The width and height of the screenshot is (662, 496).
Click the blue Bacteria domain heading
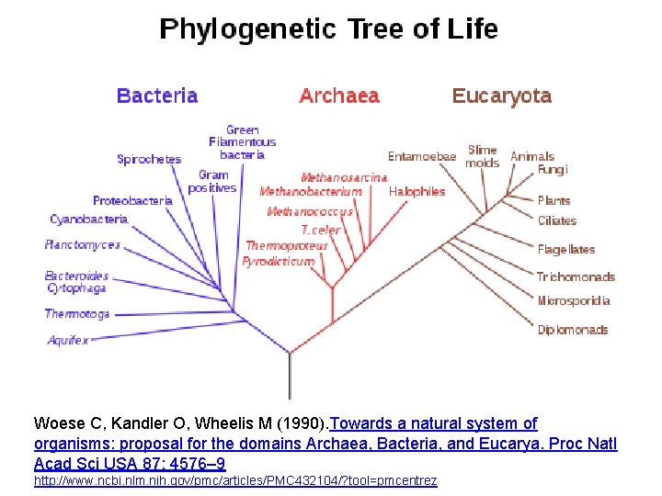click(x=157, y=96)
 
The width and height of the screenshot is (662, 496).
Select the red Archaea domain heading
click(x=339, y=96)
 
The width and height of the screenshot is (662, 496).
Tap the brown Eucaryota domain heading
click(x=501, y=96)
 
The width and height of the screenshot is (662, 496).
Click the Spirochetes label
click(x=149, y=159)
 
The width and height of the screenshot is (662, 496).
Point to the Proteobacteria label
click(x=132, y=200)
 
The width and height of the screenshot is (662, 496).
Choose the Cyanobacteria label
click(x=88, y=220)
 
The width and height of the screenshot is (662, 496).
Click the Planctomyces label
click(x=83, y=245)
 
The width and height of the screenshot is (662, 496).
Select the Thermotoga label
click(x=77, y=314)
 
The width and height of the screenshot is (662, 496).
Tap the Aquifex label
click(x=68, y=341)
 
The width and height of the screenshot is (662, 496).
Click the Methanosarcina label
click(x=344, y=177)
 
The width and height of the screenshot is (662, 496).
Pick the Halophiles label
click(x=417, y=191)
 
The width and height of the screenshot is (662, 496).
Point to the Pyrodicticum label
click(x=278, y=261)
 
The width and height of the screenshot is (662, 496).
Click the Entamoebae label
click(x=421, y=156)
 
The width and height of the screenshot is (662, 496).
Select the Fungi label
click(x=553, y=170)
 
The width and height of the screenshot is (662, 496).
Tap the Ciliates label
click(x=557, y=220)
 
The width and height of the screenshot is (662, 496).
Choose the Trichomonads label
click(x=576, y=276)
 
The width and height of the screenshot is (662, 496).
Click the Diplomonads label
click(x=572, y=330)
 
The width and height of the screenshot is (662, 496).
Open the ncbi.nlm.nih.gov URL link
click(x=235, y=480)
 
